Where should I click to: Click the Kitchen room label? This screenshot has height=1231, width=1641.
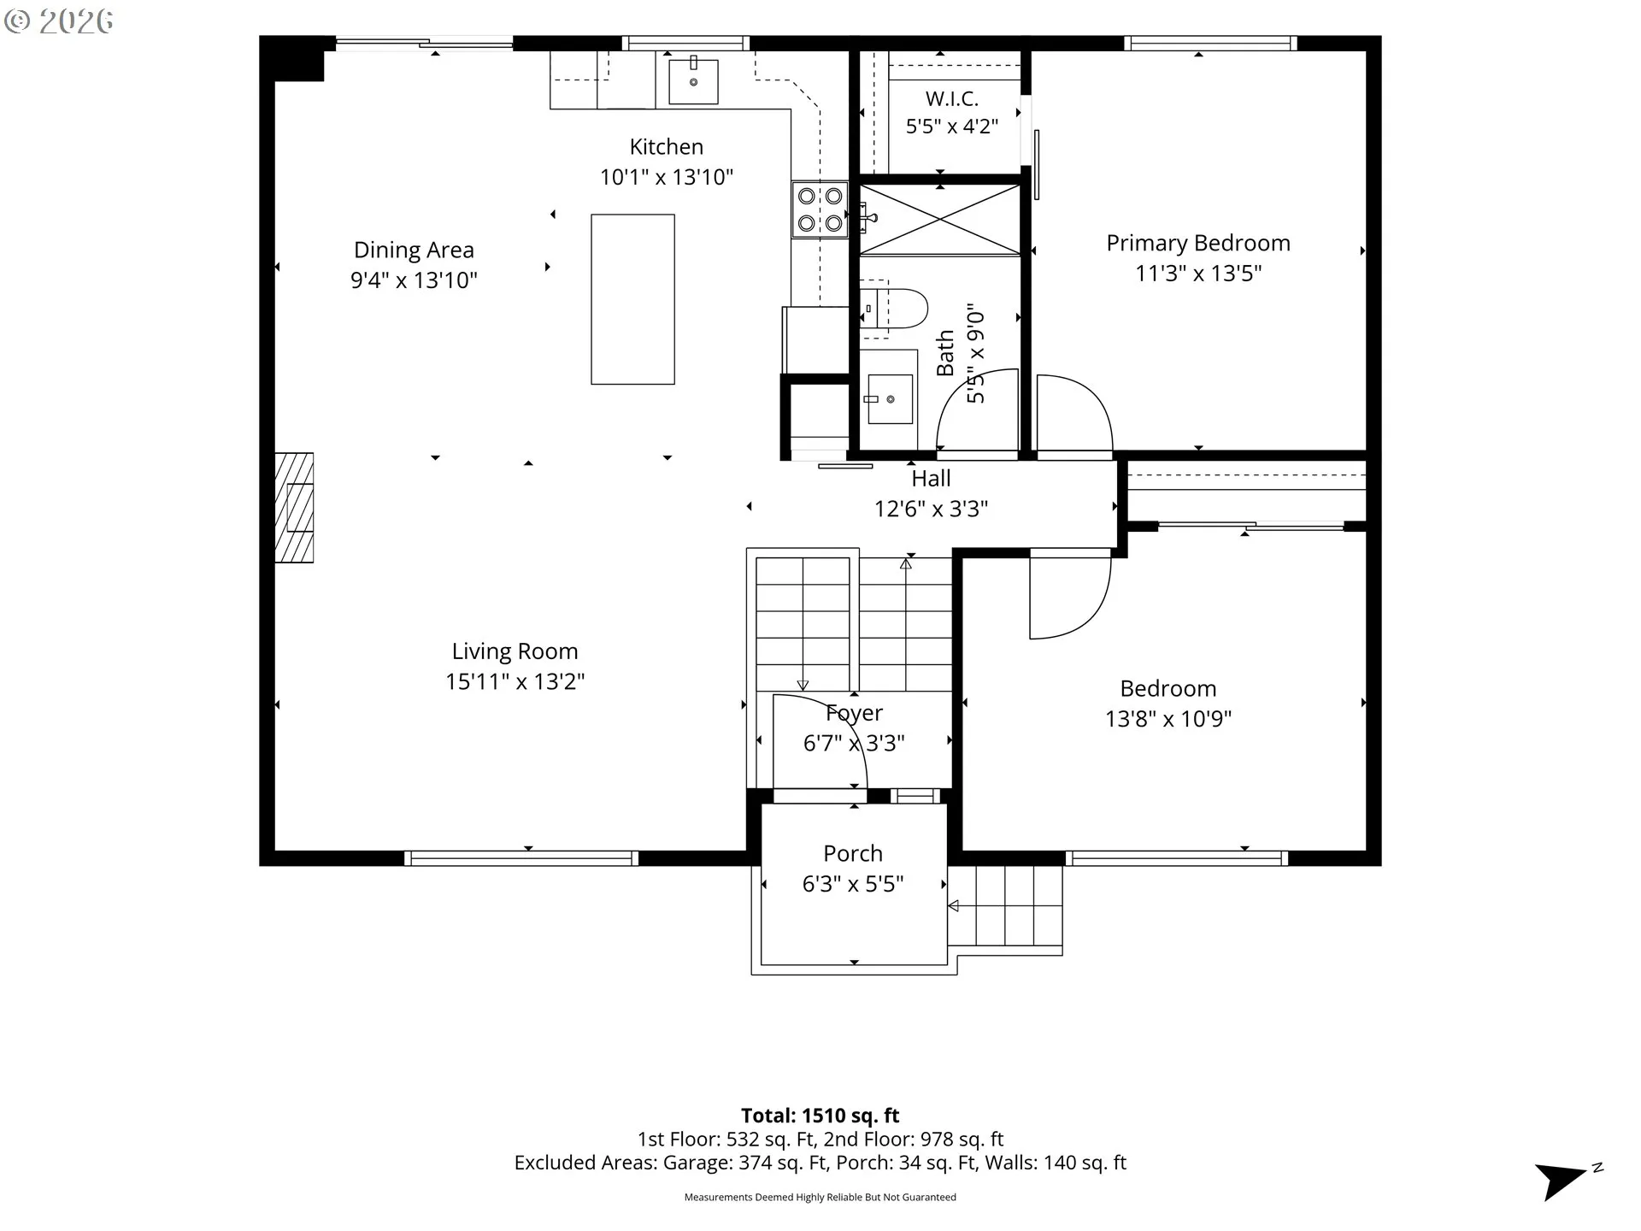coord(667,147)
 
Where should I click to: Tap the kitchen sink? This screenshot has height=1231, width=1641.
coord(693,80)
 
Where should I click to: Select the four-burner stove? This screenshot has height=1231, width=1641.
coord(820,209)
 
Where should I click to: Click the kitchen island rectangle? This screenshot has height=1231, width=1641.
coord(632,299)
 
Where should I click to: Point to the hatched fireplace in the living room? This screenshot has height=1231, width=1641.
coord(294,508)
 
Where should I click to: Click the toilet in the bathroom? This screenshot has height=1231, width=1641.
coord(894,309)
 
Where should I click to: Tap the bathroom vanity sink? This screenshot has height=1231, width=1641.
coord(890,399)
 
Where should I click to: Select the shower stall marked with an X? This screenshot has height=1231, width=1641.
coord(940,220)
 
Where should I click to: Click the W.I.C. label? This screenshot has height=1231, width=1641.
coord(952,98)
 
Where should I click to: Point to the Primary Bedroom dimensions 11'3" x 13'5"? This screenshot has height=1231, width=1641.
coord(1198,274)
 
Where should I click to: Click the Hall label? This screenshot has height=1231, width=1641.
coord(931,478)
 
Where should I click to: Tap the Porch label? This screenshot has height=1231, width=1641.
coord(853,853)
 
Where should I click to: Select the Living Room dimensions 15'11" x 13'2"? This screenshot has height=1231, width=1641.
coord(515,681)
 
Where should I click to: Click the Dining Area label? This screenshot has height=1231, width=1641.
coord(414,250)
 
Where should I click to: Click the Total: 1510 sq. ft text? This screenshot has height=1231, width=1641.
coord(820,1116)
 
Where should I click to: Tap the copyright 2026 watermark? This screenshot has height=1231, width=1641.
coord(58,21)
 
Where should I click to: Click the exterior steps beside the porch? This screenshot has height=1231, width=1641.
coord(1006,906)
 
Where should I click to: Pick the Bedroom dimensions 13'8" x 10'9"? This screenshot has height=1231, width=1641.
coord(1168,719)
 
